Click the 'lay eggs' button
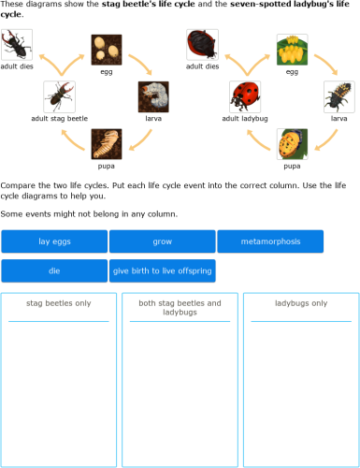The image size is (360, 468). [54, 241]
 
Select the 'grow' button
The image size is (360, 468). [162, 241]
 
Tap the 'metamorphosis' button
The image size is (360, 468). [270, 241]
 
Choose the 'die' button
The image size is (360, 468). [54, 271]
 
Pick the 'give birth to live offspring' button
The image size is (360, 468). [162, 271]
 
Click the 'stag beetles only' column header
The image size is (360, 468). [59, 303]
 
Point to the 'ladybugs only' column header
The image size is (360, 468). [301, 303]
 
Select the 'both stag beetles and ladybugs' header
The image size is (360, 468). [180, 308]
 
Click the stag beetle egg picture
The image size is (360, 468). [107, 50]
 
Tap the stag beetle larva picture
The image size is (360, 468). [153, 96]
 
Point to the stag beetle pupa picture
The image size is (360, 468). [107, 144]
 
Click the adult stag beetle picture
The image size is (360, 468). [59, 96]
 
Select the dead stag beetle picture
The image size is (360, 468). [16, 45]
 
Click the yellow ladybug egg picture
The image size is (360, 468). [292, 50]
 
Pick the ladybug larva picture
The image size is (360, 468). [338, 96]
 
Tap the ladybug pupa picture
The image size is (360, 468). [292, 144]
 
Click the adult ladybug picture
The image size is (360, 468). [245, 96]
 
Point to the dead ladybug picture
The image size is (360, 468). [202, 45]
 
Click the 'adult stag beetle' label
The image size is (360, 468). [59, 119]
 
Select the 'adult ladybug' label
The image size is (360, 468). [245, 119]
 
